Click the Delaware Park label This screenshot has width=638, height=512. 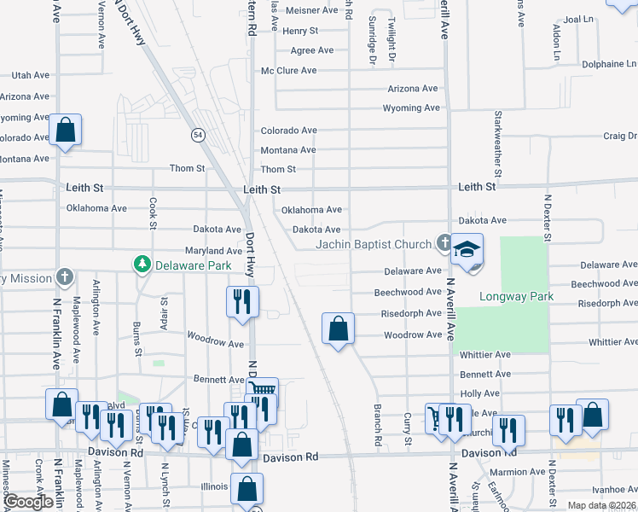click(194, 265)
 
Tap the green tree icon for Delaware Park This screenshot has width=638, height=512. click(143, 265)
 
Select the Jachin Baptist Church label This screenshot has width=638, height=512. click(374, 245)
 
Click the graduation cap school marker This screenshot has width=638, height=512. click(467, 249)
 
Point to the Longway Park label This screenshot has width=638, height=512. click(516, 297)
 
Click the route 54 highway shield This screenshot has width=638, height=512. click(197, 135)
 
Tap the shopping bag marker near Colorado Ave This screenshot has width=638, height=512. click(65, 131)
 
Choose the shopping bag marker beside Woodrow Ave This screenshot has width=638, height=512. click(339, 328)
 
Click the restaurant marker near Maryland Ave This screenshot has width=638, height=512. click(242, 301)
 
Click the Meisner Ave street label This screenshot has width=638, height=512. click(311, 10)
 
